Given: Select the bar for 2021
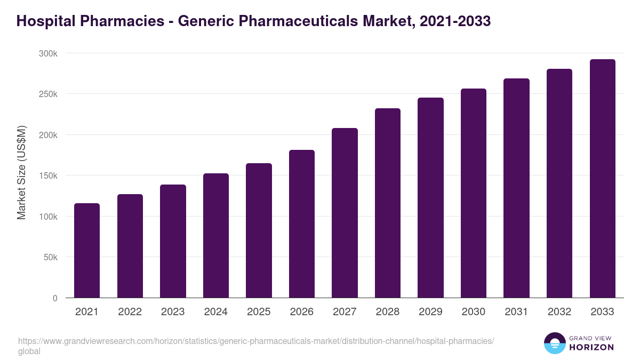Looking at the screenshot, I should pyautogui.click(x=87, y=250).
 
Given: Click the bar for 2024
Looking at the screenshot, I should pyautogui.click(x=216, y=235).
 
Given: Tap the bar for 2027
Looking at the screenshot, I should pyautogui.click(x=345, y=213).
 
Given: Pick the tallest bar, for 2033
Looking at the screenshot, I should pyautogui.click(x=602, y=178).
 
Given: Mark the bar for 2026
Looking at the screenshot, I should pyautogui.click(x=302, y=223).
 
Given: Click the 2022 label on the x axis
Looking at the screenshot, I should pyautogui.click(x=130, y=312).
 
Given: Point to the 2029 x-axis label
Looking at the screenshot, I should pyautogui.click(x=430, y=312).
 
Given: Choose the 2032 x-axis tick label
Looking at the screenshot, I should pyautogui.click(x=559, y=312).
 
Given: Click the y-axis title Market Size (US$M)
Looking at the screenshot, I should pyautogui.click(x=21, y=172).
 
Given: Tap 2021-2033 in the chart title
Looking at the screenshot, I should pyautogui.click(x=455, y=21).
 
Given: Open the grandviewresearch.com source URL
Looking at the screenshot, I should pyautogui.click(x=256, y=341).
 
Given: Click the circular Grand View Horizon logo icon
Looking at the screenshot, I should pyautogui.click(x=555, y=343).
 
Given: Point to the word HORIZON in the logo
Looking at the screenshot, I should pyautogui.click(x=591, y=347).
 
